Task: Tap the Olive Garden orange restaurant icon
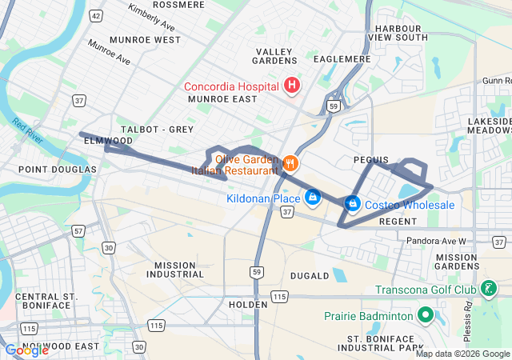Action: pos(290,163)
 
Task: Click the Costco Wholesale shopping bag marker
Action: pos(351,204)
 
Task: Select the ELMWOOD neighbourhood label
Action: pos(107,141)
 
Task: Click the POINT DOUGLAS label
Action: pos(57,170)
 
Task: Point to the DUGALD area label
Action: pos(309,276)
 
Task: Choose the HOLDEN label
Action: pos(247,305)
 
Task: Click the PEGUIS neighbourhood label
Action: pos(370,160)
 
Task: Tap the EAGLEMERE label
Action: pos(342,59)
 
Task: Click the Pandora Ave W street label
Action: pos(454,240)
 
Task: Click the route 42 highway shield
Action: pos(96,15)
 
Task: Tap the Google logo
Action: pos(26,350)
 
